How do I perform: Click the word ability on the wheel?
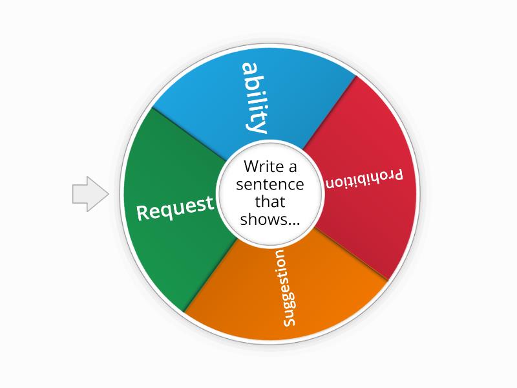click(255, 98)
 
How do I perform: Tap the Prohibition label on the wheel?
click(364, 179)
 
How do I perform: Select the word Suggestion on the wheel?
click(284, 288)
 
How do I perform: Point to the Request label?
click(175, 208)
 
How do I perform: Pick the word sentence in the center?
click(269, 184)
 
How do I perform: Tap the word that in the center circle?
click(269, 202)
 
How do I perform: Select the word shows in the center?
click(264, 219)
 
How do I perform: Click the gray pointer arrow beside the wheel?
click(90, 193)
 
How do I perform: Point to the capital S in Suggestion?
click(289, 321)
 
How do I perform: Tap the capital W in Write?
click(251, 166)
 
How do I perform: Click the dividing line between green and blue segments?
click(189, 134)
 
